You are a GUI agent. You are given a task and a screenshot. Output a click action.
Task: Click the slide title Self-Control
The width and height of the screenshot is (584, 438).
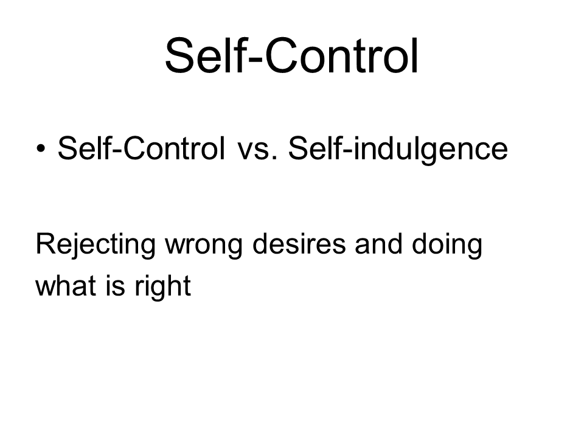point(291,55)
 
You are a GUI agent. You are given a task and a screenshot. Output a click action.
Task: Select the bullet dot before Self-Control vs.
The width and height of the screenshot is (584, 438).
point(41,148)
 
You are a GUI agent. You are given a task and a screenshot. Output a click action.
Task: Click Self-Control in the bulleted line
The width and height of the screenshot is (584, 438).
point(141,148)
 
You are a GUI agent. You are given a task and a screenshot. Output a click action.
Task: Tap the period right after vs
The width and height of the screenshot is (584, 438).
point(275,158)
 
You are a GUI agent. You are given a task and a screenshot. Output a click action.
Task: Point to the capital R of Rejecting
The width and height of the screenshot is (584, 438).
point(45,243)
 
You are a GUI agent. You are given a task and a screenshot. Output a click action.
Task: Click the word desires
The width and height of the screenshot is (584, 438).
point(299,243)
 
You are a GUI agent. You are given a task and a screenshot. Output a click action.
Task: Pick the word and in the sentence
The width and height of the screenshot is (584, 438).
point(378,243)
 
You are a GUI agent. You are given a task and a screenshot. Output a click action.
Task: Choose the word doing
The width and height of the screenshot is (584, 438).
point(447,246)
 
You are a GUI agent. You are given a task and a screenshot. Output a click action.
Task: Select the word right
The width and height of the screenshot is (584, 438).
point(163,288)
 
